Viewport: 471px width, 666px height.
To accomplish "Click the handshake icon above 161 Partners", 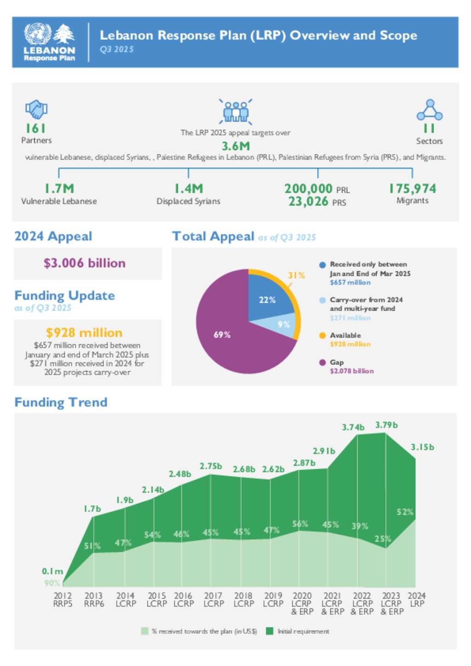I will [36, 109].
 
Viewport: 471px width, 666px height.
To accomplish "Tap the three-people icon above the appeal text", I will [235, 111].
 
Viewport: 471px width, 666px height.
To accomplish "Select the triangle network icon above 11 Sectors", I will [429, 110].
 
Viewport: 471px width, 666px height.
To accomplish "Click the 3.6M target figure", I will [235, 146].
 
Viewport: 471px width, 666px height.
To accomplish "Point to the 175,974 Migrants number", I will [412, 188].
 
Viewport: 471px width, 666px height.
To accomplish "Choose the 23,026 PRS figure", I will [308, 202].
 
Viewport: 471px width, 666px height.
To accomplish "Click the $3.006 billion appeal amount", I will [85, 263].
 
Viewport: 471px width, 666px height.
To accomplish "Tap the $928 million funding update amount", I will [84, 332].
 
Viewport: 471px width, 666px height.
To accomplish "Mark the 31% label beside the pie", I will [296, 275].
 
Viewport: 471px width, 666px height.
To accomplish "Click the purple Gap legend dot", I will [322, 363].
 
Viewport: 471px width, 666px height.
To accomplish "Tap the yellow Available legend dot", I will [322, 336].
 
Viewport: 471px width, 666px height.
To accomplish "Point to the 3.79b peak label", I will [386, 425].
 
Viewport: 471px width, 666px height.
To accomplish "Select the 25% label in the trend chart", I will [383, 539].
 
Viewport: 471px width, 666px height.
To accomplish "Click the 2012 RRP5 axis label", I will [63, 599].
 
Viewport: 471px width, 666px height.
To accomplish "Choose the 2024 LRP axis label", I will [417, 599].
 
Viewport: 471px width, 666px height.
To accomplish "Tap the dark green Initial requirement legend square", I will [270, 631].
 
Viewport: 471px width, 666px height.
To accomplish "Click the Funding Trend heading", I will [61, 402].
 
